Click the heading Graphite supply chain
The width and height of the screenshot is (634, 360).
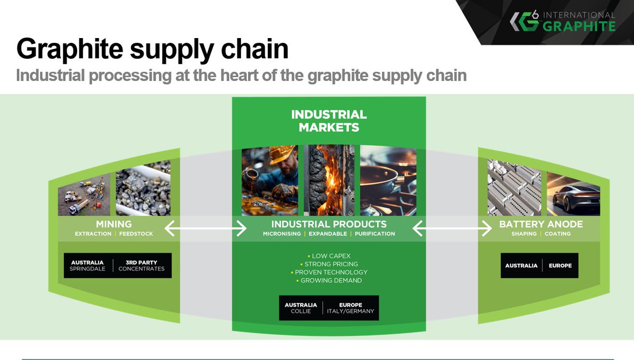point(152,49)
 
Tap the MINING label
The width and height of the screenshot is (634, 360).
point(114,224)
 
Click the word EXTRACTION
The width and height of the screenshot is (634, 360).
point(93,234)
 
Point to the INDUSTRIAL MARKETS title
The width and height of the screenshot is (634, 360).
point(329,121)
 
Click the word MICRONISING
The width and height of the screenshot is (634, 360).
point(282,234)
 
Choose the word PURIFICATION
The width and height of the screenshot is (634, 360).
point(375,234)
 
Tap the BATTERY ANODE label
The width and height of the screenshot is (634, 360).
point(541,224)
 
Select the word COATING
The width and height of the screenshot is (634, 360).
point(558,234)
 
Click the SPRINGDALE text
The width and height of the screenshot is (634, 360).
point(88,269)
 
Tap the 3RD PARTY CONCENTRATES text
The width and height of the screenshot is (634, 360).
point(141,265)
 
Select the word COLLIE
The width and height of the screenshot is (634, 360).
point(301,311)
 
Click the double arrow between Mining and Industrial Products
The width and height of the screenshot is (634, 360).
point(206,228)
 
